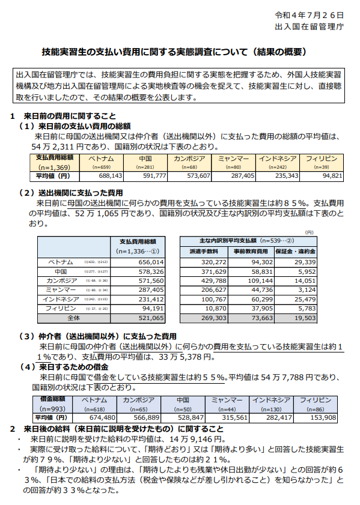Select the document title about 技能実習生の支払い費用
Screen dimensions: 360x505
(x=178, y=52)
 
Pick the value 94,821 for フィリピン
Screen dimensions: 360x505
(x=332, y=177)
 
